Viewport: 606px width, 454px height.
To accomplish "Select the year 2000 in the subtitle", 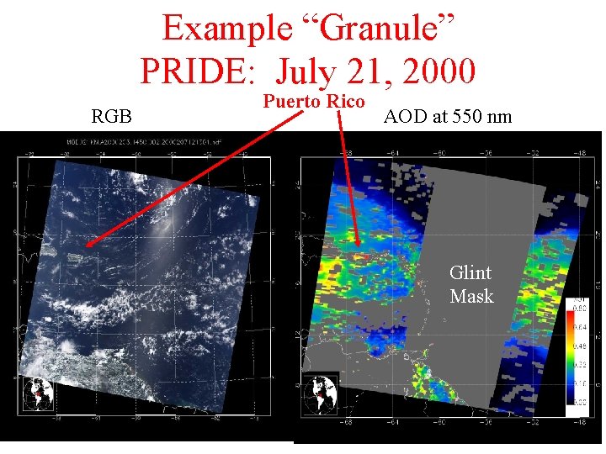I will (x=439, y=71).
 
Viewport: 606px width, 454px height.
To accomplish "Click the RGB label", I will (x=111, y=115).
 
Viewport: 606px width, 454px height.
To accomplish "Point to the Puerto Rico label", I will (x=314, y=103).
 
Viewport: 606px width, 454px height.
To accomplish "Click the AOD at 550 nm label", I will (x=447, y=116).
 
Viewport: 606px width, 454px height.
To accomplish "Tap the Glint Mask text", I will (x=470, y=284).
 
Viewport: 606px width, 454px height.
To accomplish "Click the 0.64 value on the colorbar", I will (x=581, y=327).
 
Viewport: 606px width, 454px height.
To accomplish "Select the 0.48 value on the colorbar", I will (x=581, y=346).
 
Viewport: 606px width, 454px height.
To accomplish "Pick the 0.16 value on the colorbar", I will (x=581, y=383).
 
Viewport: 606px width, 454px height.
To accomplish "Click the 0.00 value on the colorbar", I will (x=581, y=403).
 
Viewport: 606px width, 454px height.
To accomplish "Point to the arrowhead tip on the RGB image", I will (x=86, y=246).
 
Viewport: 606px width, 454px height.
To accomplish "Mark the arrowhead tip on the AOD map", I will (x=358, y=249).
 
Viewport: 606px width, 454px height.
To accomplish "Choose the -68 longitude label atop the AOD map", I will (x=346, y=153).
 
